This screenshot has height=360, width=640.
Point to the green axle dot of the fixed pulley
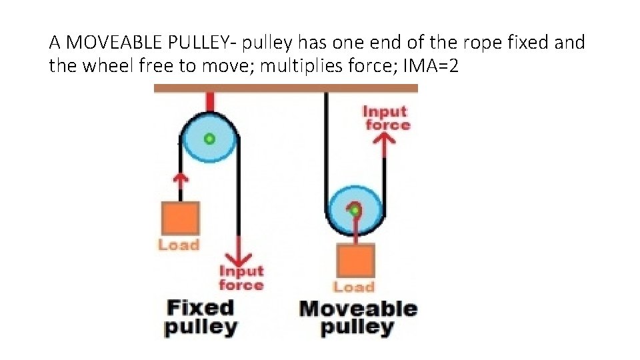[x=209, y=139]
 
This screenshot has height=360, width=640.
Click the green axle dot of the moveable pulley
[x=355, y=210]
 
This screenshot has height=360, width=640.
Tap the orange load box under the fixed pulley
[x=179, y=218]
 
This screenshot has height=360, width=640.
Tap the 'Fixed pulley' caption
[x=200, y=317]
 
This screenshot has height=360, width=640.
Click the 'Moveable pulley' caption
[x=358, y=317]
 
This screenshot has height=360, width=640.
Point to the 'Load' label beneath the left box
[x=179, y=245]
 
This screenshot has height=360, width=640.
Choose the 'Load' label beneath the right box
[x=353, y=287]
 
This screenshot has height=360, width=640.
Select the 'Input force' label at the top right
[x=386, y=118]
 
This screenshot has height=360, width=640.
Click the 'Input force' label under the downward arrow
[x=241, y=278]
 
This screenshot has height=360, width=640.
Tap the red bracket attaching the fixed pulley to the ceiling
[x=210, y=101]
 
